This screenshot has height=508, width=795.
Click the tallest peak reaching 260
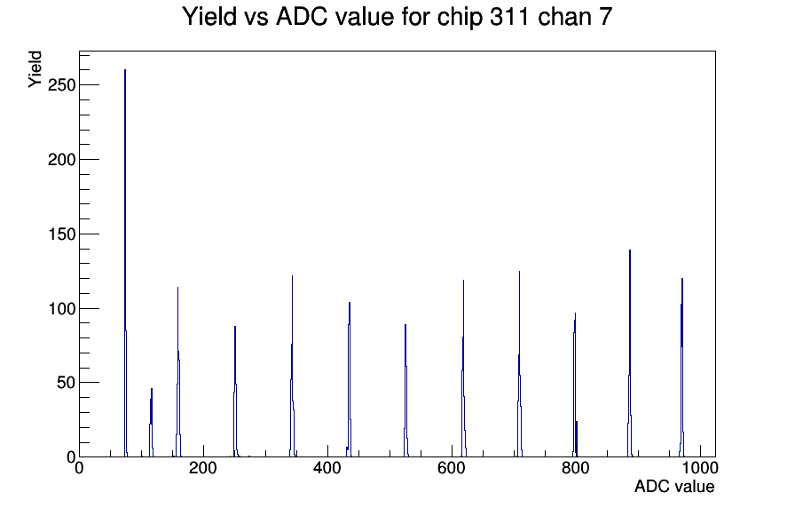[x=125, y=263]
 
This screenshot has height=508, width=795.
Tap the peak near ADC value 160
[x=178, y=372]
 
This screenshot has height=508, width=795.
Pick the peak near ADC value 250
[x=235, y=392]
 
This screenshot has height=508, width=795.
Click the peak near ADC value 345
[x=293, y=366]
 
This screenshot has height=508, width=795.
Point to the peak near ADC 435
[x=350, y=379]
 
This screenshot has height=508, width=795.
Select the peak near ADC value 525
[x=405, y=390]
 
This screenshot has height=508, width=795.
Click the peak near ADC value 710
[x=519, y=364]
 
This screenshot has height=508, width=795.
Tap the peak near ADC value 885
[x=630, y=353]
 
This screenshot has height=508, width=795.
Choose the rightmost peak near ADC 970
[x=682, y=368]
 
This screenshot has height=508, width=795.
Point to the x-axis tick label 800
[x=576, y=468]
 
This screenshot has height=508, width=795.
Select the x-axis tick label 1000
[x=700, y=468]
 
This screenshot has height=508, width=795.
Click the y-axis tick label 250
[x=61, y=85]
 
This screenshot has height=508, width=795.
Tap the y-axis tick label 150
[x=61, y=234]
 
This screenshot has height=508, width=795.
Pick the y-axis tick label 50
[x=67, y=383]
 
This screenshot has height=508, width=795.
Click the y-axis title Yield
[x=35, y=69]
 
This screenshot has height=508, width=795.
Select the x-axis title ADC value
[x=674, y=487]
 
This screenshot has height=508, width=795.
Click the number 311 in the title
[x=508, y=17]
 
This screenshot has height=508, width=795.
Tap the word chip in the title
[x=460, y=18]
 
